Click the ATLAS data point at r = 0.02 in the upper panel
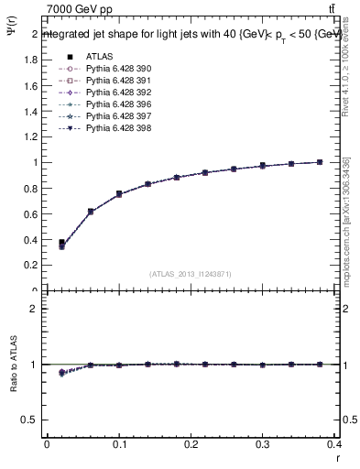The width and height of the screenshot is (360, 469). click(x=61, y=243)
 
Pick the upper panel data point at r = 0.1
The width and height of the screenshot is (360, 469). click(x=119, y=194)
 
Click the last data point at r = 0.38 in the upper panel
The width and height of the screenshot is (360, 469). click(x=320, y=162)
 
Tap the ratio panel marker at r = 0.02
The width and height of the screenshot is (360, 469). click(x=61, y=373)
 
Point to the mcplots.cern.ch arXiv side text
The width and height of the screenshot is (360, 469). click(x=346, y=229)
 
